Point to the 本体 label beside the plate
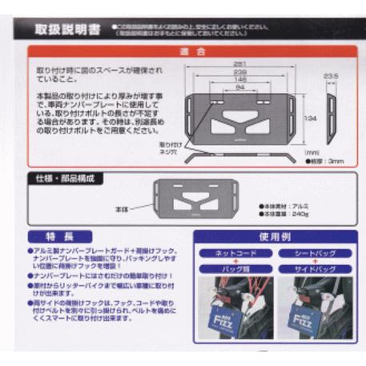[123, 207]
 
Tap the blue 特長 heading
[69, 237]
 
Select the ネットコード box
[235, 253]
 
